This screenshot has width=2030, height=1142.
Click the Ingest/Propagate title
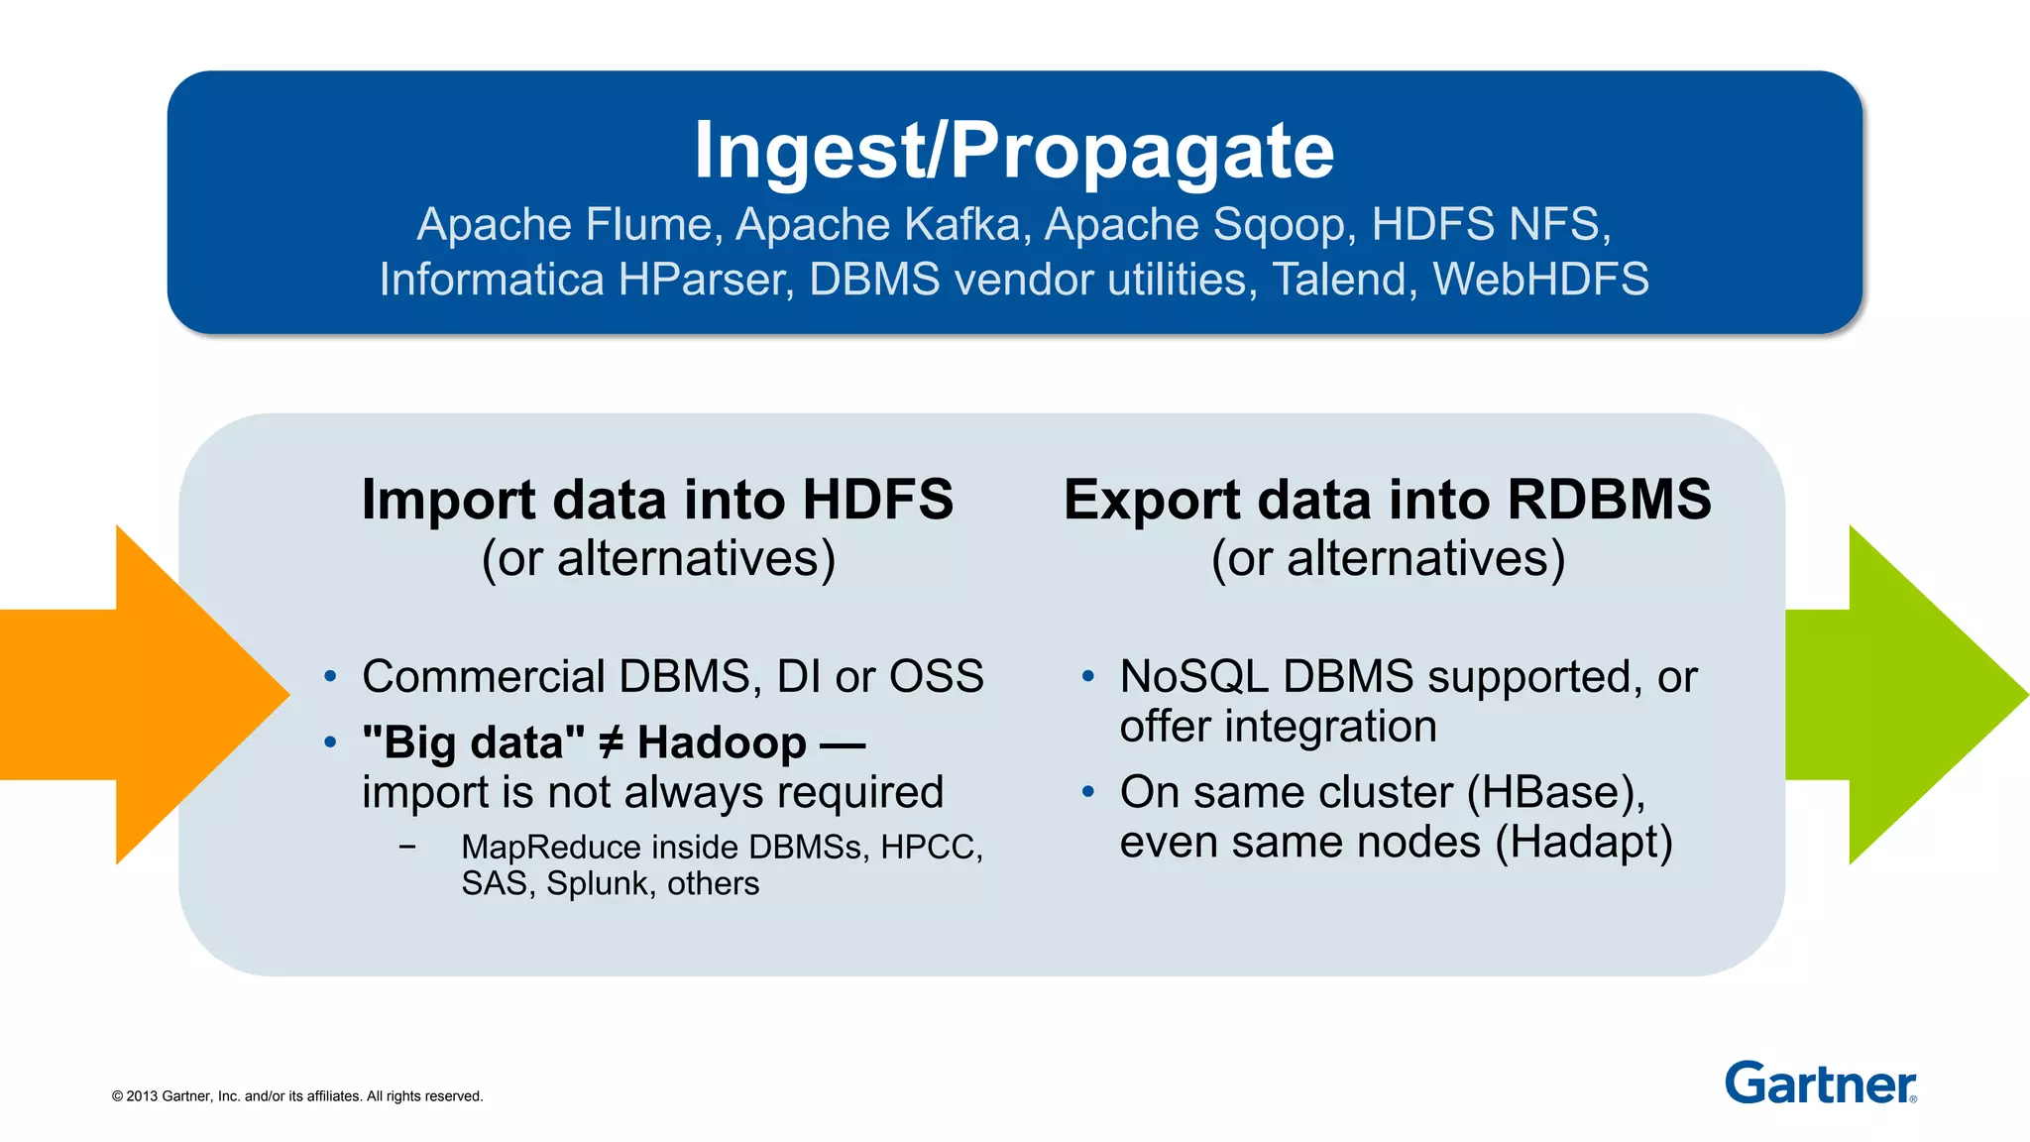(x=1014, y=151)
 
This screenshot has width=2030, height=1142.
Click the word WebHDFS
(x=1540, y=280)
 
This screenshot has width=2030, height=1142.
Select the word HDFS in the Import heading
(x=877, y=500)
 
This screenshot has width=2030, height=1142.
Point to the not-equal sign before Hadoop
(x=612, y=742)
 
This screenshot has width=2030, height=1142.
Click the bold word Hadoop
(x=722, y=742)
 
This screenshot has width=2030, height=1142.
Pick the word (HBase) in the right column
(x=1555, y=793)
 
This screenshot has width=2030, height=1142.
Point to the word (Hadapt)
(x=1583, y=843)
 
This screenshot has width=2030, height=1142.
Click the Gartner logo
(x=1820, y=1084)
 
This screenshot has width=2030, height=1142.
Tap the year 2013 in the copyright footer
(x=142, y=1096)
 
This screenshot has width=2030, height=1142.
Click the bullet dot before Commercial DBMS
(x=331, y=677)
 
